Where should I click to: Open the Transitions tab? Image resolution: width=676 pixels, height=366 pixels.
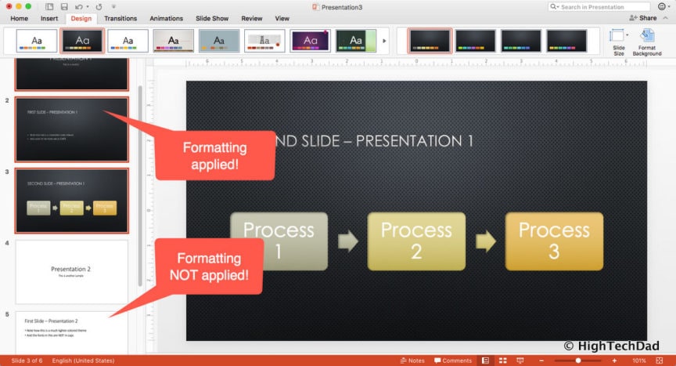click(120, 18)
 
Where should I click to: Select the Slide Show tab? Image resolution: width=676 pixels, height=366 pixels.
click(212, 18)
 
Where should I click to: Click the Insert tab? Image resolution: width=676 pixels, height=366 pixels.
click(49, 18)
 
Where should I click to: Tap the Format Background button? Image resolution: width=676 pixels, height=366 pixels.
click(646, 42)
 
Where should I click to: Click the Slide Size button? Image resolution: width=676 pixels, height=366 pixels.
click(618, 42)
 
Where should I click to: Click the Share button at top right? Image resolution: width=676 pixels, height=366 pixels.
click(643, 17)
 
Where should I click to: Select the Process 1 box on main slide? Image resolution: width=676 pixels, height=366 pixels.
click(279, 241)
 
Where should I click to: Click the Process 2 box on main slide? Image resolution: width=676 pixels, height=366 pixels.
click(416, 241)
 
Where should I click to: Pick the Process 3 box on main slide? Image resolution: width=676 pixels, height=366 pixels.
click(554, 241)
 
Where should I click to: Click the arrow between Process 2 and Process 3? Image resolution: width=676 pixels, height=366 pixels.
click(485, 241)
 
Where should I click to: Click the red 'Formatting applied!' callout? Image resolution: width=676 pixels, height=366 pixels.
click(214, 155)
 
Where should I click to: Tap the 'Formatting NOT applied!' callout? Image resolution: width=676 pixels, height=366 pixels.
click(209, 266)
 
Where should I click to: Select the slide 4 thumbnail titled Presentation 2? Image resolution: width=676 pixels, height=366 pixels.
click(71, 271)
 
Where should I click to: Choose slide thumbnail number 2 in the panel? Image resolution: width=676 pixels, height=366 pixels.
click(71, 129)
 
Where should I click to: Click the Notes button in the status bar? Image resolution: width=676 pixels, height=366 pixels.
click(412, 361)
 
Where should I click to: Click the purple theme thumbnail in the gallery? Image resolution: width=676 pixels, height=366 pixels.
click(311, 41)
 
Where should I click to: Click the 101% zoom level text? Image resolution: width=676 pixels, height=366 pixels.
click(638, 361)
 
